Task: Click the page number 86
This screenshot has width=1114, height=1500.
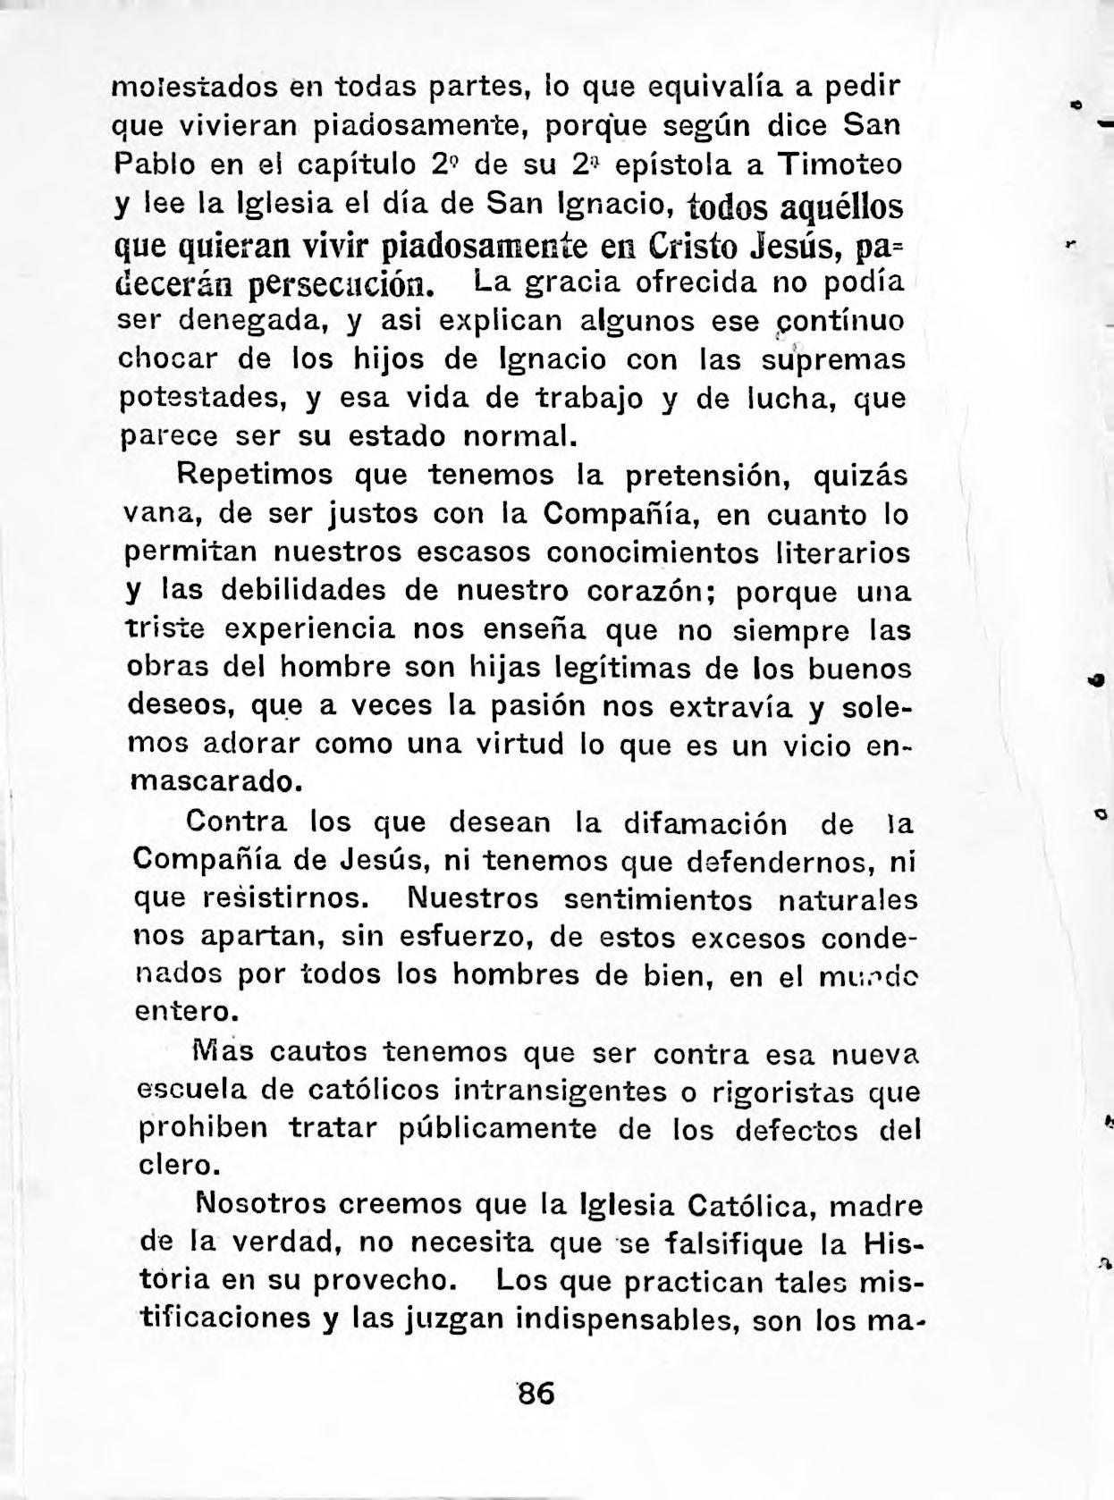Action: tap(536, 1394)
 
